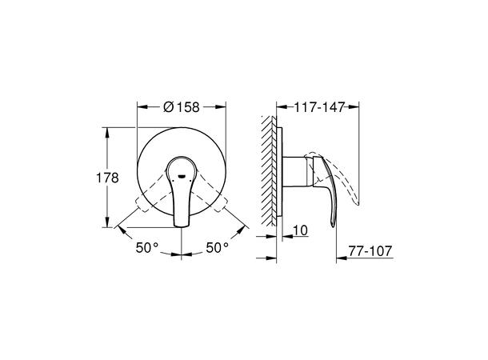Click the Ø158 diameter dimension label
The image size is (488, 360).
point(181,107)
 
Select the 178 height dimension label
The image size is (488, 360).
point(107,178)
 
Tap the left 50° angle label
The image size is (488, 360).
point(147,248)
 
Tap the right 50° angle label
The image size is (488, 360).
point(218,248)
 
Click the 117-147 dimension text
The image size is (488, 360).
point(320,107)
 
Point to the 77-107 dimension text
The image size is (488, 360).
point(370,250)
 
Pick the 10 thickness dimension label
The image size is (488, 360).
point(300,230)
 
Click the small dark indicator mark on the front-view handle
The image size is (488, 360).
point(181,177)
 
